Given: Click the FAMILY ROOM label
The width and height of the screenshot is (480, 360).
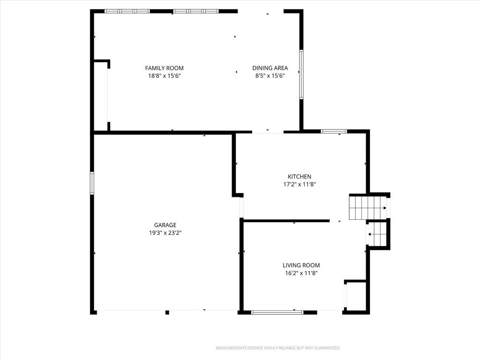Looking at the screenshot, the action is click(x=165, y=68).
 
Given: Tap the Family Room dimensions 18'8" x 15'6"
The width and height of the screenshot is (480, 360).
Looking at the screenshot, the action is click(x=165, y=75).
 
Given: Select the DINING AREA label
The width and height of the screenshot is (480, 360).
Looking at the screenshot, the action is click(x=270, y=68).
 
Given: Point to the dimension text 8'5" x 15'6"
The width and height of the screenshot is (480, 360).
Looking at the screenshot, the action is click(x=270, y=75).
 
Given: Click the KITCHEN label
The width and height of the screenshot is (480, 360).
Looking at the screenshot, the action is click(x=300, y=176).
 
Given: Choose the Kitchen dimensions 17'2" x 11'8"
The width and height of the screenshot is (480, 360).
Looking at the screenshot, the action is click(x=300, y=184).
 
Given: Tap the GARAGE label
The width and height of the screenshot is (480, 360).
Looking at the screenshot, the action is click(x=165, y=225).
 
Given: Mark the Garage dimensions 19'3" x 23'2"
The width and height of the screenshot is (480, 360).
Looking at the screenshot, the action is click(x=165, y=232).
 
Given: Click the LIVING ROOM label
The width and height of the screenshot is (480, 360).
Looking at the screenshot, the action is click(x=301, y=265).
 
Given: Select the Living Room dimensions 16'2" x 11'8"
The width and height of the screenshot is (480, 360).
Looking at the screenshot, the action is click(x=301, y=273).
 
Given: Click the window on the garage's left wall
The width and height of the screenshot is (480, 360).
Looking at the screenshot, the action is click(x=92, y=183).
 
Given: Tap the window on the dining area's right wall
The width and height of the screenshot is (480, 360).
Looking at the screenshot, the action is click(x=301, y=75).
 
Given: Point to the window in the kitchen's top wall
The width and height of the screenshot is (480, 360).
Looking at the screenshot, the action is click(x=334, y=131).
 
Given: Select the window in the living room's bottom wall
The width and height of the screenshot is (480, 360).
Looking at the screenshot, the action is click(x=277, y=312).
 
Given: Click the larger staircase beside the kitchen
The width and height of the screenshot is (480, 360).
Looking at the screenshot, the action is click(x=368, y=208).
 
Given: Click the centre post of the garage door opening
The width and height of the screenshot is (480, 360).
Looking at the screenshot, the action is click(x=167, y=312).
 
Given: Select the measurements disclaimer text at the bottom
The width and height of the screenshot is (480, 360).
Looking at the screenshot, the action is click(x=278, y=348).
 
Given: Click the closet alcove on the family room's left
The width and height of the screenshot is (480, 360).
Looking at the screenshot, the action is click(x=100, y=96).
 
